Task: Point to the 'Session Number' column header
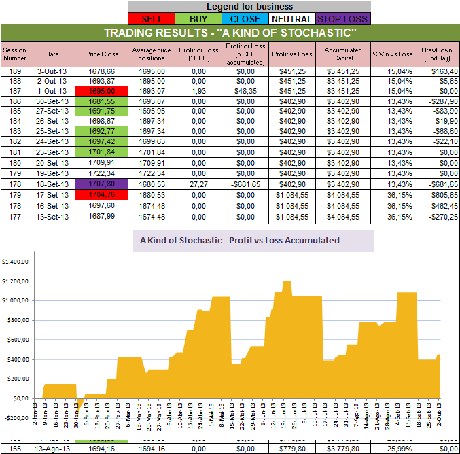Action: [13, 54]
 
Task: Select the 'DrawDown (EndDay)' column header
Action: [436, 54]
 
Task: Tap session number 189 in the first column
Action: [13, 71]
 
